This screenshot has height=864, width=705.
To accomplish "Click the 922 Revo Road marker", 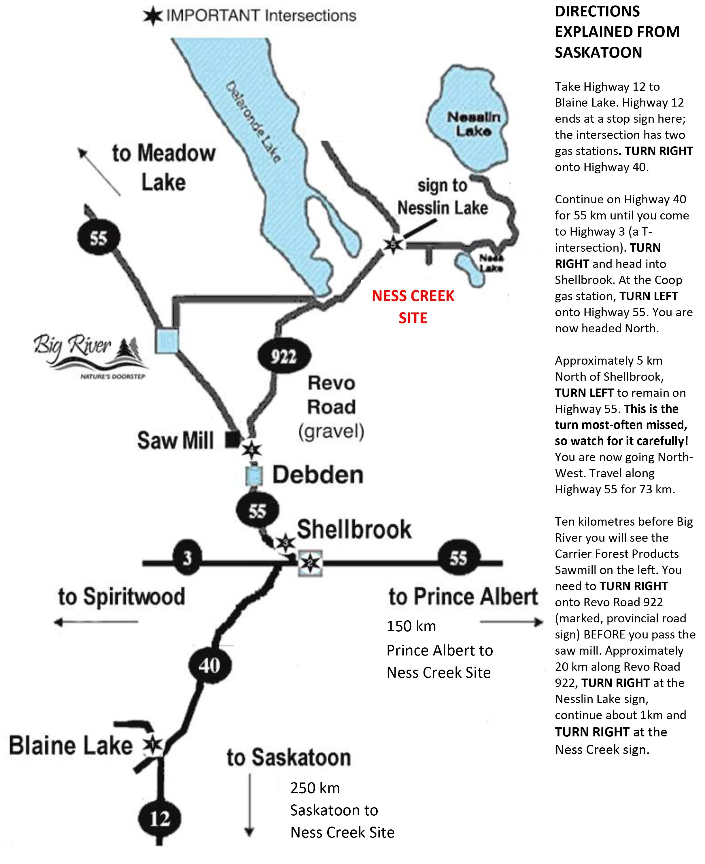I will [284, 356].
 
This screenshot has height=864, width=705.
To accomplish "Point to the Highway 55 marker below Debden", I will [258, 511].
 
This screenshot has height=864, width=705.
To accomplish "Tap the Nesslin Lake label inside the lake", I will [474, 124].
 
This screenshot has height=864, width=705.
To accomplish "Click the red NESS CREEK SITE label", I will [413, 306].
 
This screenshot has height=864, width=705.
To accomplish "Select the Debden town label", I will [317, 475].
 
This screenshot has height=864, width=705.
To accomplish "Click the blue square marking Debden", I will [254, 475].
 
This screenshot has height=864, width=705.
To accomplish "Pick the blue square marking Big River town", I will [167, 340].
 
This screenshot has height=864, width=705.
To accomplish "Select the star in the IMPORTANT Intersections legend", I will [153, 16].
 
